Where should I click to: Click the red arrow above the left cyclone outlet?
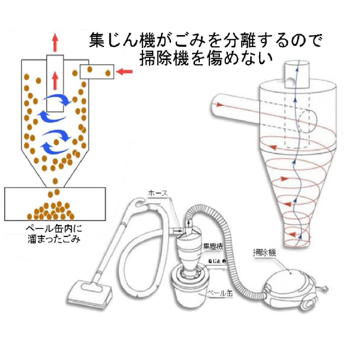pos(55,42)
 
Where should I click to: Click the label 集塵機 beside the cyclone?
pos(213,247)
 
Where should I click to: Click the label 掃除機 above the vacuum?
pos(264,253)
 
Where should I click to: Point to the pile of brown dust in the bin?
pos(52,210)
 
